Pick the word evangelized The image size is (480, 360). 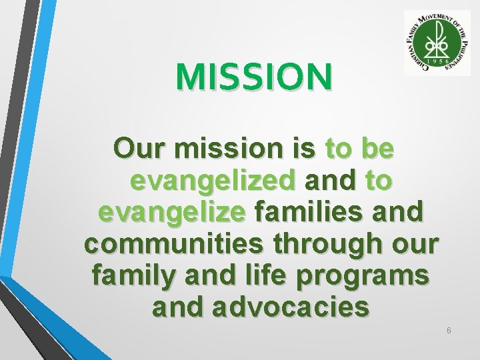[x=213, y=181]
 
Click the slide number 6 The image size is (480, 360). [x=449, y=331]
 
